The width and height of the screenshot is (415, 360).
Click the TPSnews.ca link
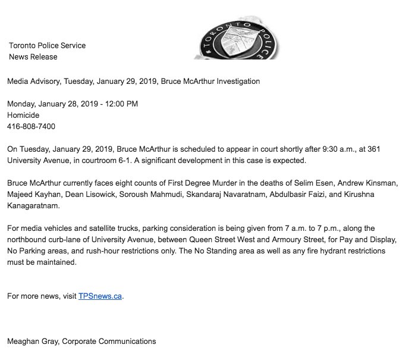pyautogui.click(x=100, y=296)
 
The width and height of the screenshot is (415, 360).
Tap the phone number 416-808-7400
pyautogui.click(x=32, y=126)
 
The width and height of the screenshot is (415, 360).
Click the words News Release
pyautogui.click(x=33, y=57)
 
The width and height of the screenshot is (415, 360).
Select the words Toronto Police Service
pyautogui.click(x=48, y=46)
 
